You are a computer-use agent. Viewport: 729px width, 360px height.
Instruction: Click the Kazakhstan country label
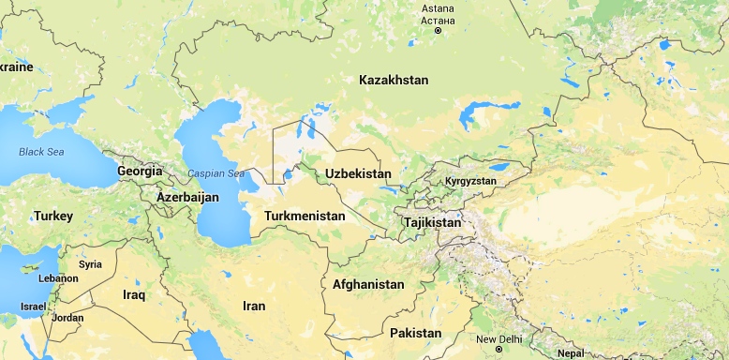pos(394,81)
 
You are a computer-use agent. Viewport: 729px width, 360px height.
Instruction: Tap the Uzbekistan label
pos(358,174)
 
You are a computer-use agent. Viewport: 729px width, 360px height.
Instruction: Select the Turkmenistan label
pos(305,217)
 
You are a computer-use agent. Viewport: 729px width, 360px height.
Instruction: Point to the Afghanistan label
pos(368,284)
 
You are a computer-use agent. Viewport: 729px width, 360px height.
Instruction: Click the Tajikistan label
pos(432,223)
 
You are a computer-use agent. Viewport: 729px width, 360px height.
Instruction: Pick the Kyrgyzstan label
pos(470,180)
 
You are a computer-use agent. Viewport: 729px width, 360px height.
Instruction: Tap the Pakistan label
pos(415,333)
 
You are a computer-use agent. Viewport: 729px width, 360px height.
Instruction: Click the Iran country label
pos(254,306)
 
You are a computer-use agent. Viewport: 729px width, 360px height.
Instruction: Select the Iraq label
pos(134,294)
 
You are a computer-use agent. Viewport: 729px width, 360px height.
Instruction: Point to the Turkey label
pos(52,216)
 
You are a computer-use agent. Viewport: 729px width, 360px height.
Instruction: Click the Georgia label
pos(141,172)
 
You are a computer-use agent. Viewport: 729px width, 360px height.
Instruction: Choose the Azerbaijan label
pos(187,198)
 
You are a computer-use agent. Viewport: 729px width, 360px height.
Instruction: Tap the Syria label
pos(90,264)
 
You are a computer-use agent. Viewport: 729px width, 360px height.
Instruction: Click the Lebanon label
pos(58,278)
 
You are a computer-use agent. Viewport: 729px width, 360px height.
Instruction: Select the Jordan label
pos(67,318)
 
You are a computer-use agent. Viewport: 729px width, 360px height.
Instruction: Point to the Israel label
pos(33,307)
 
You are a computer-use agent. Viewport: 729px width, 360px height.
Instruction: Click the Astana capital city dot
pos(438,31)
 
